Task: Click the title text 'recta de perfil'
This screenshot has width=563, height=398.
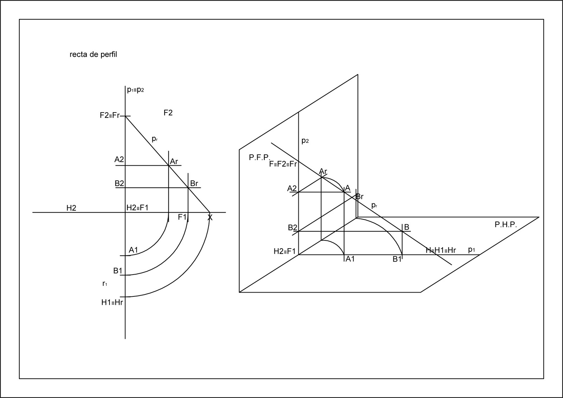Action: coord(93,54)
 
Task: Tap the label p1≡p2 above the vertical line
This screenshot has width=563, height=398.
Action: coord(135,90)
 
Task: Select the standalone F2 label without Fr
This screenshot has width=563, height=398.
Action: coord(168,113)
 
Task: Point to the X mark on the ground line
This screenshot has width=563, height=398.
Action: coord(210,218)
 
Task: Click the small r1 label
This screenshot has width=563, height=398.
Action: coord(105,284)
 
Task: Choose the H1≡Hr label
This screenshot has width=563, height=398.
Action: coord(112,302)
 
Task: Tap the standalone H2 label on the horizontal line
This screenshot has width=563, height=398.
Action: coord(71,208)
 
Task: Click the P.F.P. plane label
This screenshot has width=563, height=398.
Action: coord(259,158)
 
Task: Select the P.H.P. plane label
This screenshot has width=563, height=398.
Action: coord(506,225)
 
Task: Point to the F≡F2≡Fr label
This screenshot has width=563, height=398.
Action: coord(283,164)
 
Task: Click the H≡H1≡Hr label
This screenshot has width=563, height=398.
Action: coord(441,250)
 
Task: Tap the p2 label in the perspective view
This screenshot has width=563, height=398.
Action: coord(305,141)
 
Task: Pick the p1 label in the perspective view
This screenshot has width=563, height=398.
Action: coord(472,250)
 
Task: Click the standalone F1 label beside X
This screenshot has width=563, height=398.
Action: coord(182,217)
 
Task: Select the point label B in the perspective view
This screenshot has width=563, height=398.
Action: coord(406,227)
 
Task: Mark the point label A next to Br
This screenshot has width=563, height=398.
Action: coord(348,188)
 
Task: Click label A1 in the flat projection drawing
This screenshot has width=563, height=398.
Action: coord(133,250)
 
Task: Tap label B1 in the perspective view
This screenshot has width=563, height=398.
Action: coord(397,259)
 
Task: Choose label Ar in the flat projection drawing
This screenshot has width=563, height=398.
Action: coord(174,162)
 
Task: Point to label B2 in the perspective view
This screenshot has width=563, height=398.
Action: coord(292,227)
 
